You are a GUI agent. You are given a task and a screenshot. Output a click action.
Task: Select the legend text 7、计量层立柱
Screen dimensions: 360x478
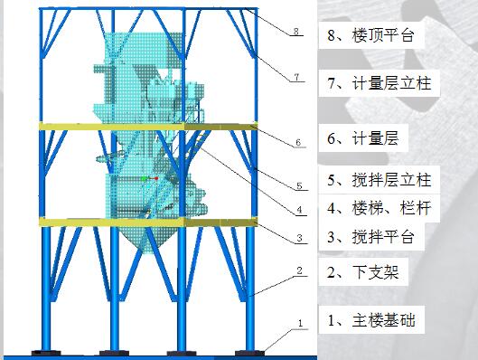(380, 84)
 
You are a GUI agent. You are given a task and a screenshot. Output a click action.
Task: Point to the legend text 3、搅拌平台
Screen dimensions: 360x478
(370, 238)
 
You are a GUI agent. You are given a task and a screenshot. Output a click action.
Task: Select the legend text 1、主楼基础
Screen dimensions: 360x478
(372, 319)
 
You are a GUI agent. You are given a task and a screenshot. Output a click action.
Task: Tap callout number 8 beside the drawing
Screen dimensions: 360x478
(295, 33)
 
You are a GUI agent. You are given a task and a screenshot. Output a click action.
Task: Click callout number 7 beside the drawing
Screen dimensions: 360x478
(295, 79)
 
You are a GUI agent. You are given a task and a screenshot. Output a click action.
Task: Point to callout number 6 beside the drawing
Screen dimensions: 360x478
(297, 142)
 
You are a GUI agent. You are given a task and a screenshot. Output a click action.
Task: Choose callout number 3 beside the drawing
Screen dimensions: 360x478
(296, 240)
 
